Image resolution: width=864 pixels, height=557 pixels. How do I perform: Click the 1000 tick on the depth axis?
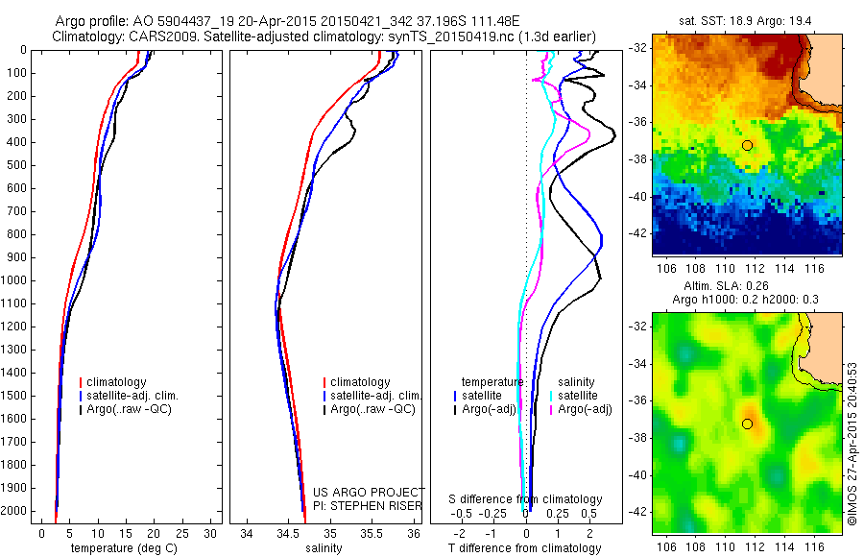point(15,280)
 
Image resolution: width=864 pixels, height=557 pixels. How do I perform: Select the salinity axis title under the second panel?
point(322,548)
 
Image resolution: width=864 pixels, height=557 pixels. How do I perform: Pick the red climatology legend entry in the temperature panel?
point(112,382)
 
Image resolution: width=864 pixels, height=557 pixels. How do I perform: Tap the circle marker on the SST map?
point(747,145)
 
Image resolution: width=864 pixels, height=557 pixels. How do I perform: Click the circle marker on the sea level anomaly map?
point(747,424)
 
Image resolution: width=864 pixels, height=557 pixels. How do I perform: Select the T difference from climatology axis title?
point(525,548)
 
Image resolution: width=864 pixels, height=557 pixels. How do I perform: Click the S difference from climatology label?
point(526,499)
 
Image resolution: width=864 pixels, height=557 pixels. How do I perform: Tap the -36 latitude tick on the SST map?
point(636,122)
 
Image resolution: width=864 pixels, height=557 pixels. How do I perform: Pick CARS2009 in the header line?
point(169,36)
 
